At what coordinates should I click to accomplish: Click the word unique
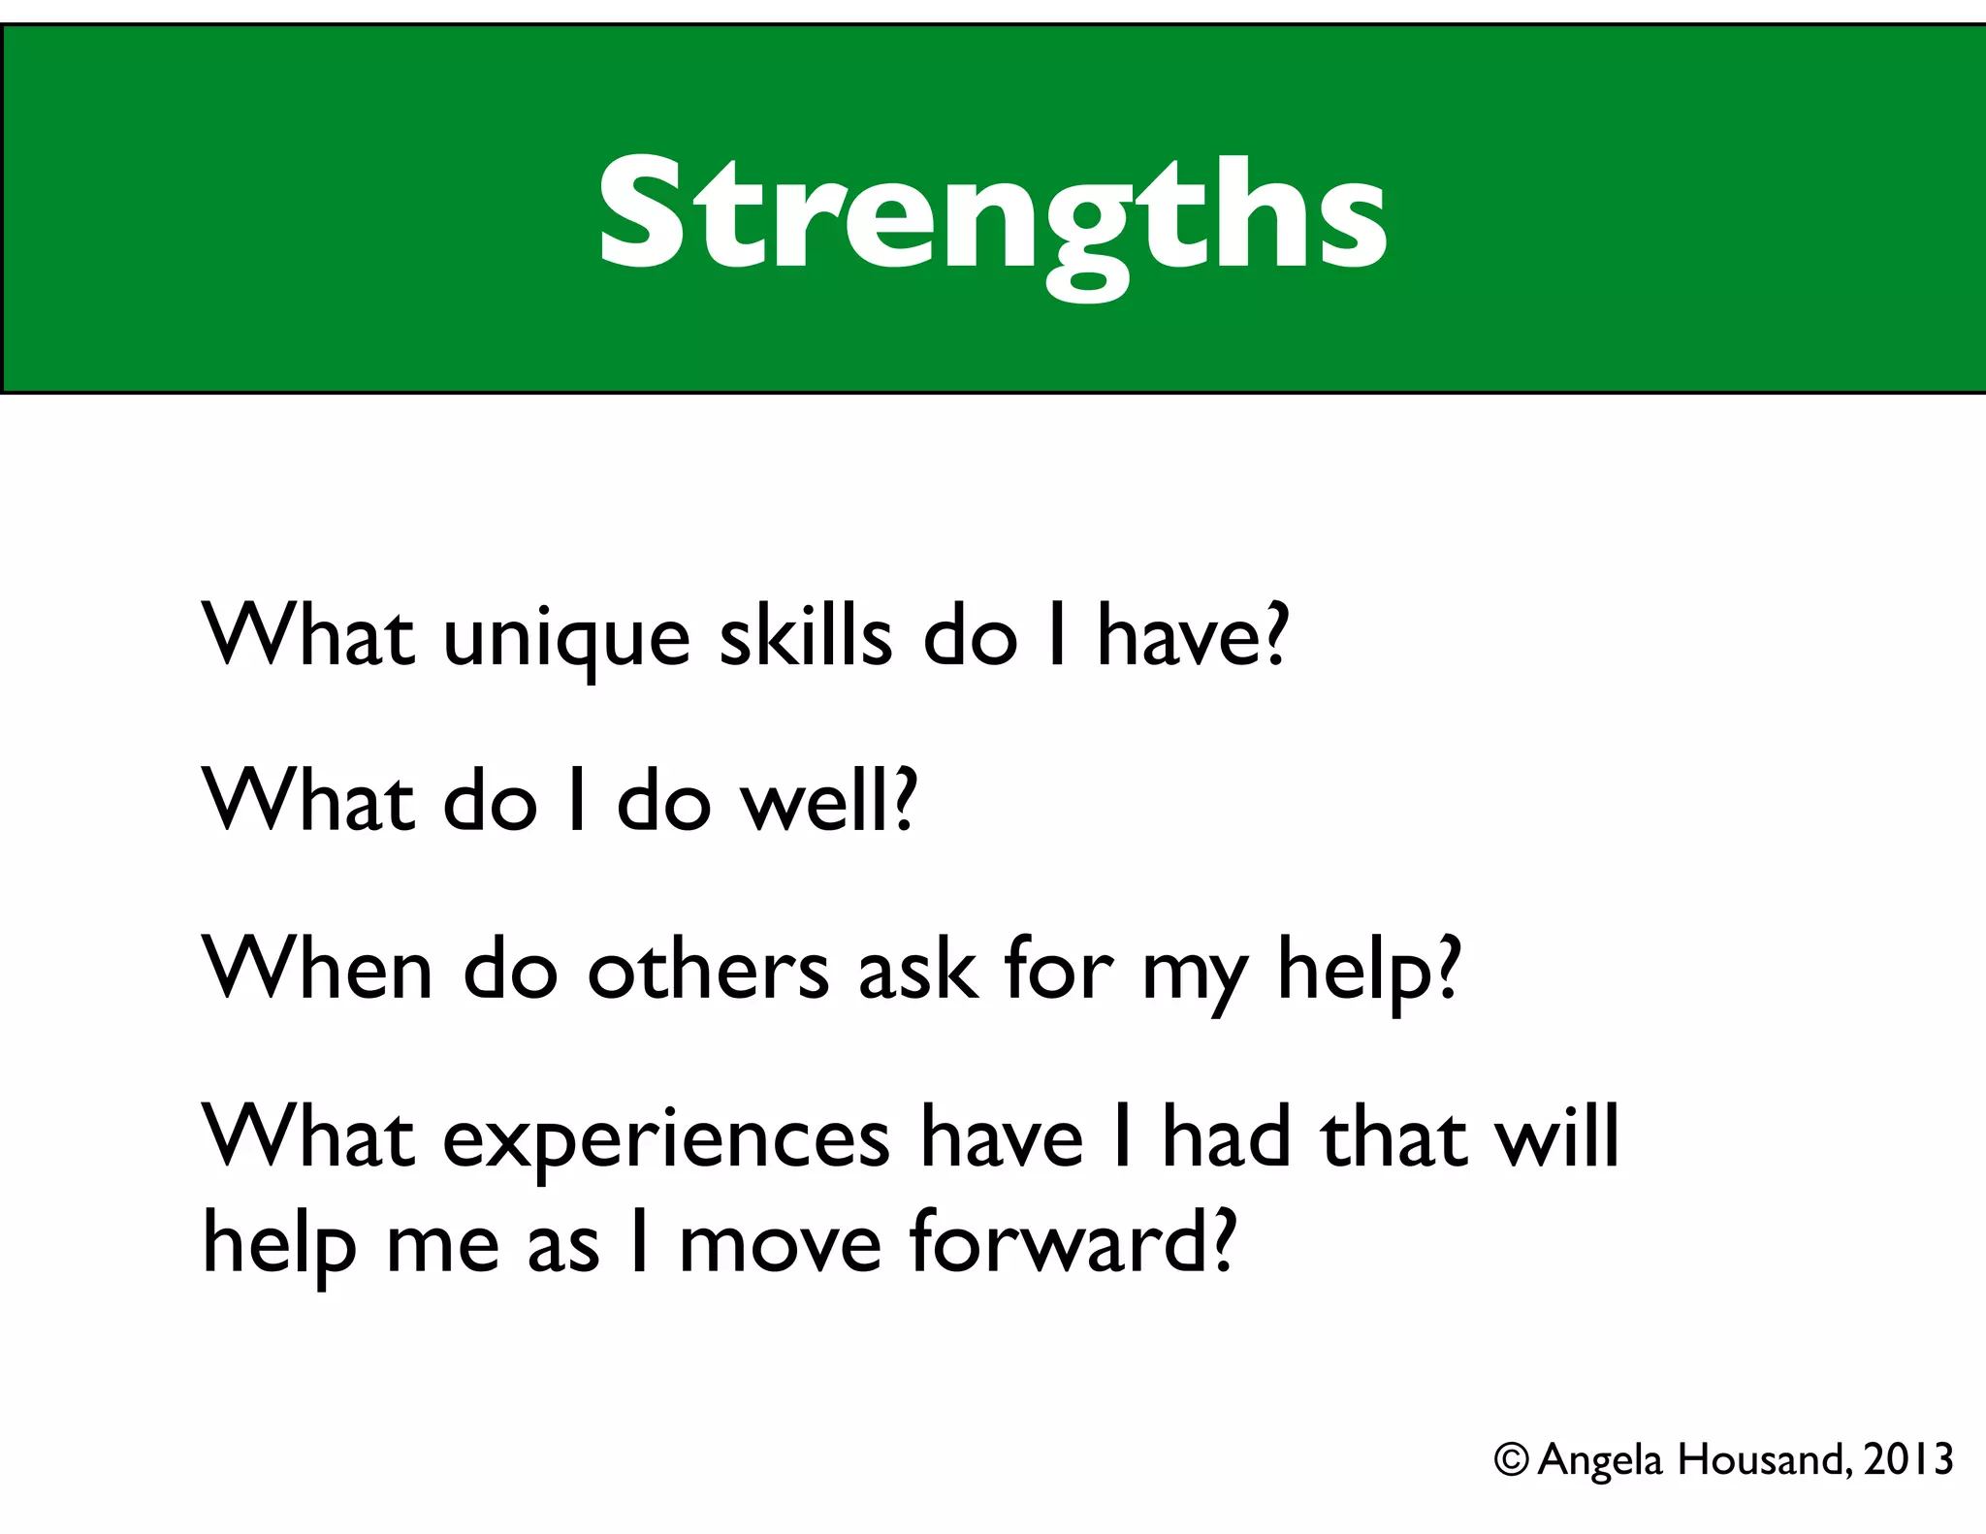point(566,640)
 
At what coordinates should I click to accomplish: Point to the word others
point(708,970)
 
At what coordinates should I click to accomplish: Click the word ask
point(917,970)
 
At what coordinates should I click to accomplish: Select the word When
point(316,970)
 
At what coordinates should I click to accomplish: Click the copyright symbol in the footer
point(1511,1459)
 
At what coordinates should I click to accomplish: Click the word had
point(1226,1136)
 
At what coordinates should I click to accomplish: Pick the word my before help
point(1195,975)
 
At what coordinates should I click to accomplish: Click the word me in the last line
point(442,1246)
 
